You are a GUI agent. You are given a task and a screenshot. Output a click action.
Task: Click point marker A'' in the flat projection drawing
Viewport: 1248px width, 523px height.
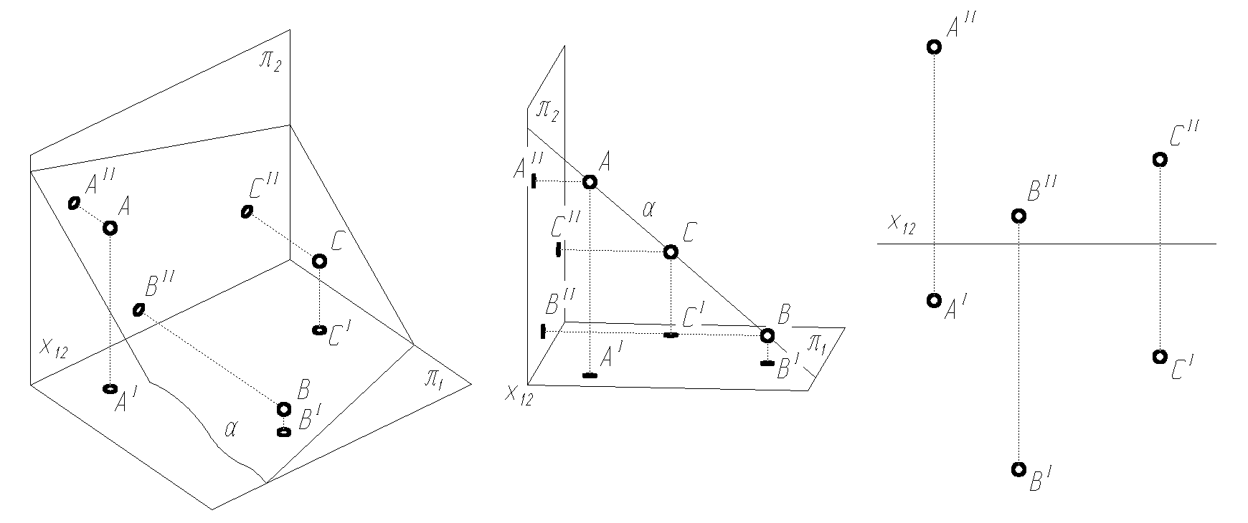(x=934, y=47)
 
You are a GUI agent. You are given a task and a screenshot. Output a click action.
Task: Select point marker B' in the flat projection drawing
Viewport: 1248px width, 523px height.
(x=1018, y=470)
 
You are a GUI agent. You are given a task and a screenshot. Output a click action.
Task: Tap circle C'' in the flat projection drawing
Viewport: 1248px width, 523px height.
(x=1159, y=160)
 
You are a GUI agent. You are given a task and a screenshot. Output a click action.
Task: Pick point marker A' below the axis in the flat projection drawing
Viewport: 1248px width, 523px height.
(x=934, y=300)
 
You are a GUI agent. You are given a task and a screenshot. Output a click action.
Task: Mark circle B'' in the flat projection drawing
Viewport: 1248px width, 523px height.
(x=1018, y=216)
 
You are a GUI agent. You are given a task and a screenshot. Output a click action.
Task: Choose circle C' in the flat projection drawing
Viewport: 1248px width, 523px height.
(x=1158, y=357)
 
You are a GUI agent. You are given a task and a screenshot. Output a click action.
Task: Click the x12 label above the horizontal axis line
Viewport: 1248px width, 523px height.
(x=902, y=224)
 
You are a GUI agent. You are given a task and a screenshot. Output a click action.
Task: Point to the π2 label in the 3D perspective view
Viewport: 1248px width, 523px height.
(x=270, y=60)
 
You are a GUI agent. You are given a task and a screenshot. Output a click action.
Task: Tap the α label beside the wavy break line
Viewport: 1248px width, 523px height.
(x=230, y=429)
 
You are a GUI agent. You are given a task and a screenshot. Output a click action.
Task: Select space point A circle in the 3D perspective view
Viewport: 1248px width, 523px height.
(x=110, y=228)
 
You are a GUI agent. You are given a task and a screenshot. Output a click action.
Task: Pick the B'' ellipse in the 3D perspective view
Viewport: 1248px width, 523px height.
(x=138, y=310)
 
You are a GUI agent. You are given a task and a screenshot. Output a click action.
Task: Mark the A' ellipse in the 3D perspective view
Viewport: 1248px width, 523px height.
(x=110, y=388)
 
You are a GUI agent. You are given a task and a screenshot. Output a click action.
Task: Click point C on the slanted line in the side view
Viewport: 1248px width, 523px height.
(x=670, y=251)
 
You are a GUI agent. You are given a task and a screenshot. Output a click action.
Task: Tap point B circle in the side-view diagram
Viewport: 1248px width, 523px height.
(x=767, y=335)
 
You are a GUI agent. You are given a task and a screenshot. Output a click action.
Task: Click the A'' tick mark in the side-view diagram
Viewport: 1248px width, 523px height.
(x=534, y=181)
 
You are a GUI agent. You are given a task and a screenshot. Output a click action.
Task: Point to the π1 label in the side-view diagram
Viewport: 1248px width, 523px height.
(x=817, y=345)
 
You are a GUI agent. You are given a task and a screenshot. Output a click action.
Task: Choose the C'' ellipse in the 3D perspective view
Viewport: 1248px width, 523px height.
(x=247, y=211)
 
